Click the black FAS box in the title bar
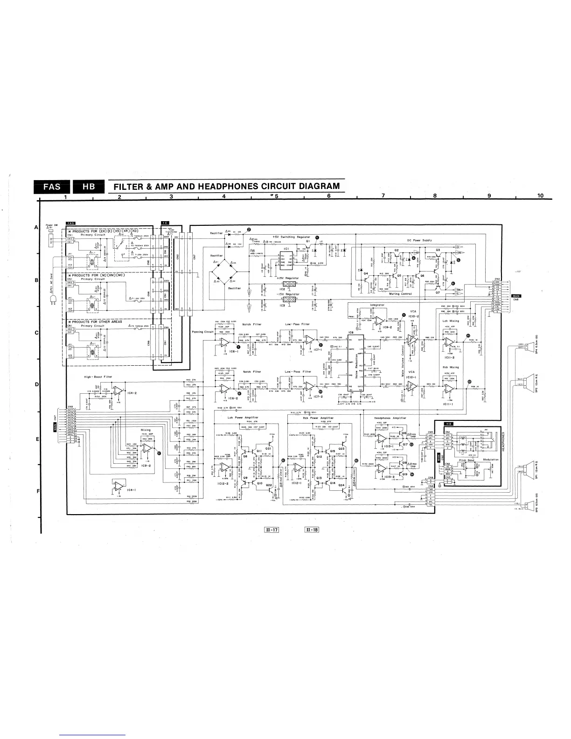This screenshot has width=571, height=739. point(52,187)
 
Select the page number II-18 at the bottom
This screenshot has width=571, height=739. point(311,530)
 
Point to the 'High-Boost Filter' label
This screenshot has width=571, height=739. point(97,376)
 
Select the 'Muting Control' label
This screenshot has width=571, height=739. point(400,294)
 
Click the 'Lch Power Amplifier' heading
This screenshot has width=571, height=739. point(243,418)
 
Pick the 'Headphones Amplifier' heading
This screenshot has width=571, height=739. point(390,418)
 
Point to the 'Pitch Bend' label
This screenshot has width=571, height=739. point(466,460)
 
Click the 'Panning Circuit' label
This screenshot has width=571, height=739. point(202,332)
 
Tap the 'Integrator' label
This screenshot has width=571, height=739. point(377,305)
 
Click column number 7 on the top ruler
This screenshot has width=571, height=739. point(383,195)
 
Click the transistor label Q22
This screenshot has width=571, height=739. point(269,485)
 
